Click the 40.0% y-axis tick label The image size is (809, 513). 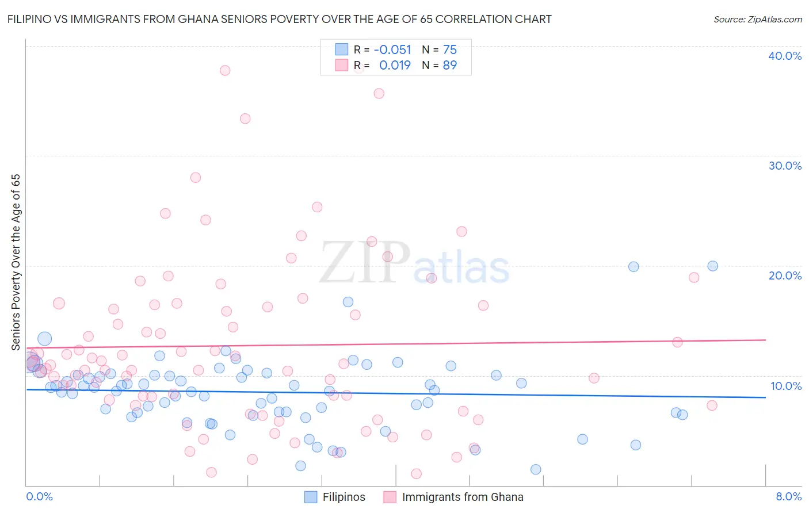[785, 56]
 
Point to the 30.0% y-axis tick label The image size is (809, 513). [785, 166]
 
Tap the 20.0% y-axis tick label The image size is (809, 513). [785, 275]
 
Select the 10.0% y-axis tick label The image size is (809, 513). [785, 386]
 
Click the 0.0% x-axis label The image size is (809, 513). [39, 496]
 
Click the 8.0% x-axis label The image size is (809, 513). [788, 496]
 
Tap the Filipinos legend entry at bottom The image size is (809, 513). [334, 497]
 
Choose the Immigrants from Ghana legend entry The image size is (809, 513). [453, 497]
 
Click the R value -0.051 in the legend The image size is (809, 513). [392, 50]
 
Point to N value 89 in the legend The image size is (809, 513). [449, 66]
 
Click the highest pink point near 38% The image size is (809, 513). [225, 70]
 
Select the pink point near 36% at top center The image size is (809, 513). [379, 93]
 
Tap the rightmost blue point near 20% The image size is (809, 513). [712, 266]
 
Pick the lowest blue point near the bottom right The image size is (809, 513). [536, 469]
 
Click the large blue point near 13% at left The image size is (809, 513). [45, 339]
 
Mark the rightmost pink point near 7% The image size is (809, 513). [712, 405]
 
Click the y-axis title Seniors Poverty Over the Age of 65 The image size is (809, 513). [16, 262]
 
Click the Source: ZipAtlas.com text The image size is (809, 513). [757, 20]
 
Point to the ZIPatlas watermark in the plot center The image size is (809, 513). [414, 263]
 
